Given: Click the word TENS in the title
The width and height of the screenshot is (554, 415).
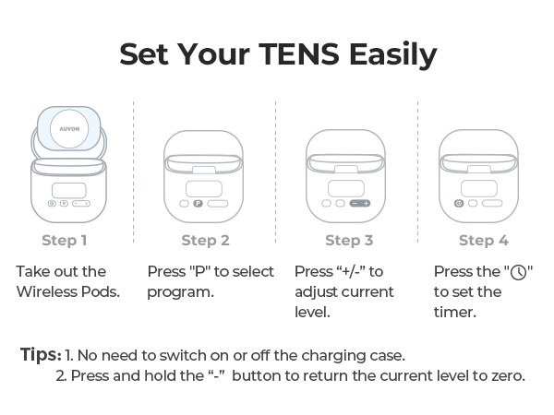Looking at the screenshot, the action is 299,54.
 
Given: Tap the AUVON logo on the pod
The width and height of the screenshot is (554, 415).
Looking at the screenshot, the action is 69,129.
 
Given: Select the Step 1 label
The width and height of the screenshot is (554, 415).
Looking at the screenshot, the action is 65,241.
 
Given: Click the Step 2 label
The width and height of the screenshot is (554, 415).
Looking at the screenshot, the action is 205,241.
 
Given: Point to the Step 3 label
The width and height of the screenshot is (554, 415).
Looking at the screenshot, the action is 349,241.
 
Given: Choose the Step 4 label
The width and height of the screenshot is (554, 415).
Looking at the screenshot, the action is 484,241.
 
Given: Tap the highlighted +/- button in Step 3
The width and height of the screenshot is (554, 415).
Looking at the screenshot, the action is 360,203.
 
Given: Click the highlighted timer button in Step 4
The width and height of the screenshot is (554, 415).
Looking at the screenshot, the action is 459,203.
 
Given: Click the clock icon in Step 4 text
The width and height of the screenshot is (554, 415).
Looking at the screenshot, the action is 518,272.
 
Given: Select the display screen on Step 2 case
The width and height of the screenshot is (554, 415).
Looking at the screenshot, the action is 204,189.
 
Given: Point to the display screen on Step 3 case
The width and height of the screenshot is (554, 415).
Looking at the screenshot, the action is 346,188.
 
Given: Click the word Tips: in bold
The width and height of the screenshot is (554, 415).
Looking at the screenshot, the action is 41,354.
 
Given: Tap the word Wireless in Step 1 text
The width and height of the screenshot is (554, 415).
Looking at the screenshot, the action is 47,291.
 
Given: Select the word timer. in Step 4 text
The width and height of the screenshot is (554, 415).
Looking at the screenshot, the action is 455,312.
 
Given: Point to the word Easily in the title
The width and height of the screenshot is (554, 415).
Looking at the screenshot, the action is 393,55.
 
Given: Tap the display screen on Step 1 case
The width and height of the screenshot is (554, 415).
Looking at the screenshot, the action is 69,191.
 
